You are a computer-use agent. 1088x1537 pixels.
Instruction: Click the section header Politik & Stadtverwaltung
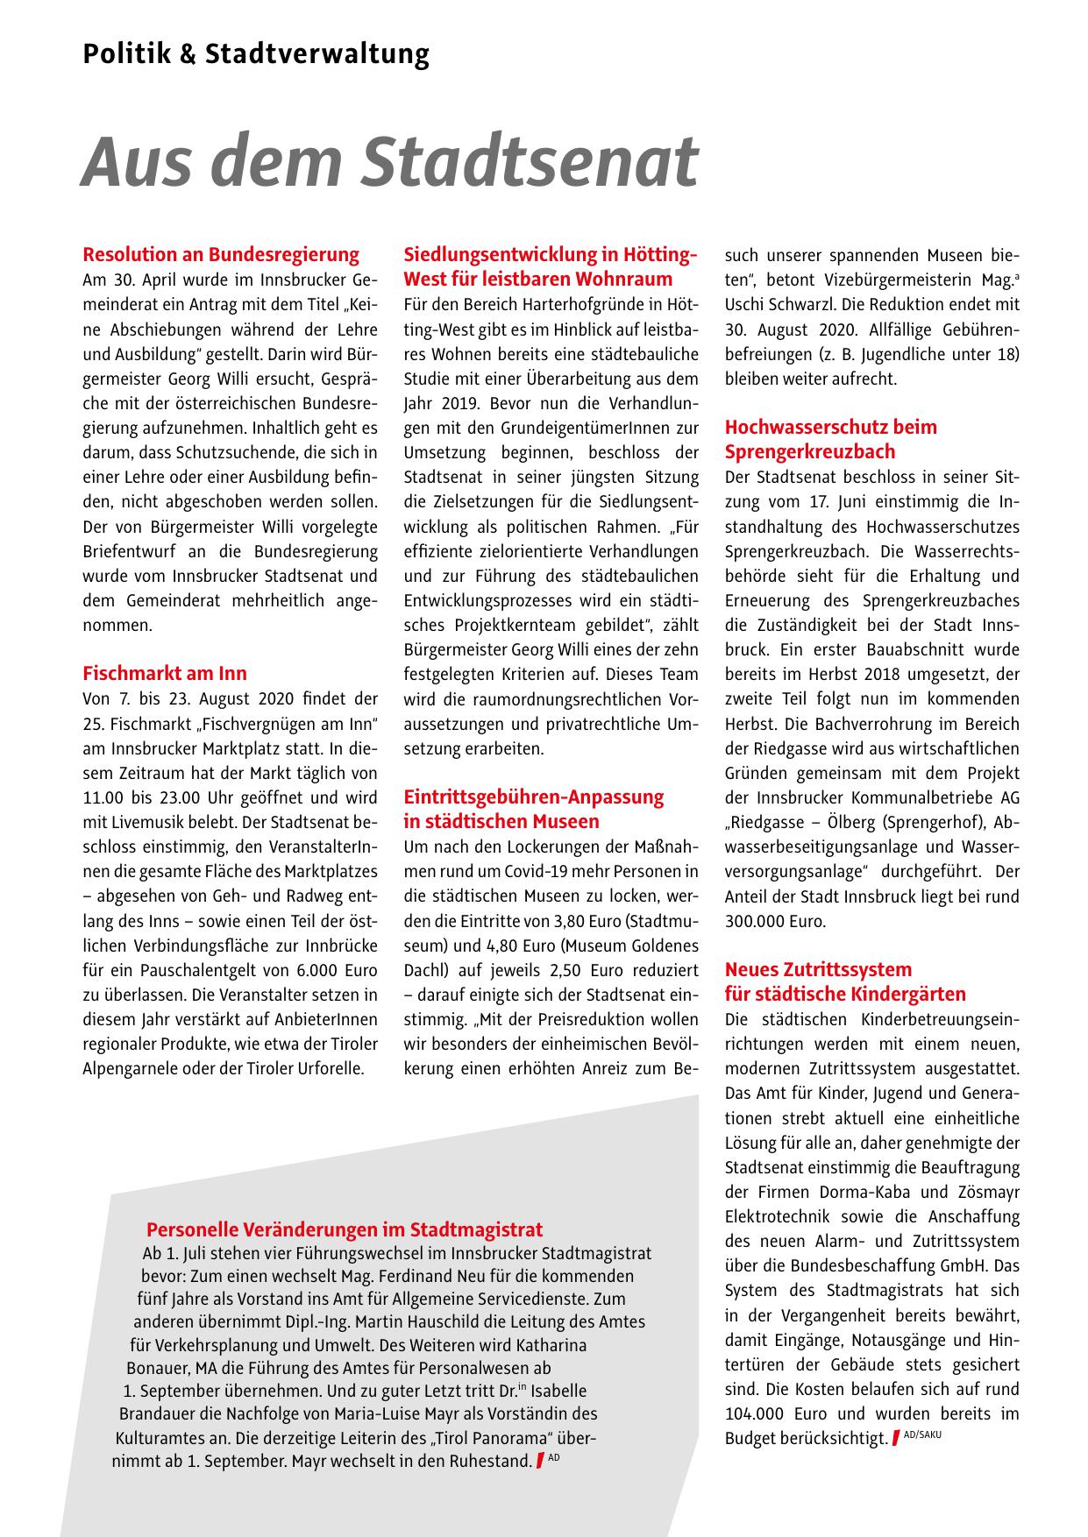[256, 55]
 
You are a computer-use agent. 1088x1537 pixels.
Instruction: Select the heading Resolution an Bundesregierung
[221, 255]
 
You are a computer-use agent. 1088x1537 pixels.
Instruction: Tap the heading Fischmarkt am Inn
[165, 673]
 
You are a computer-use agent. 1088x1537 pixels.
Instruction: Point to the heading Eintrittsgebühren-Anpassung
[533, 797]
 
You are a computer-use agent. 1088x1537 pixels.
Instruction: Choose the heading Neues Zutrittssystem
[818, 969]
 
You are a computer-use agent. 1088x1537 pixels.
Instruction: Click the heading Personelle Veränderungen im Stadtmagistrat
[345, 1229]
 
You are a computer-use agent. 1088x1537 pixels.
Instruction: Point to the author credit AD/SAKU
[921, 1434]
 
